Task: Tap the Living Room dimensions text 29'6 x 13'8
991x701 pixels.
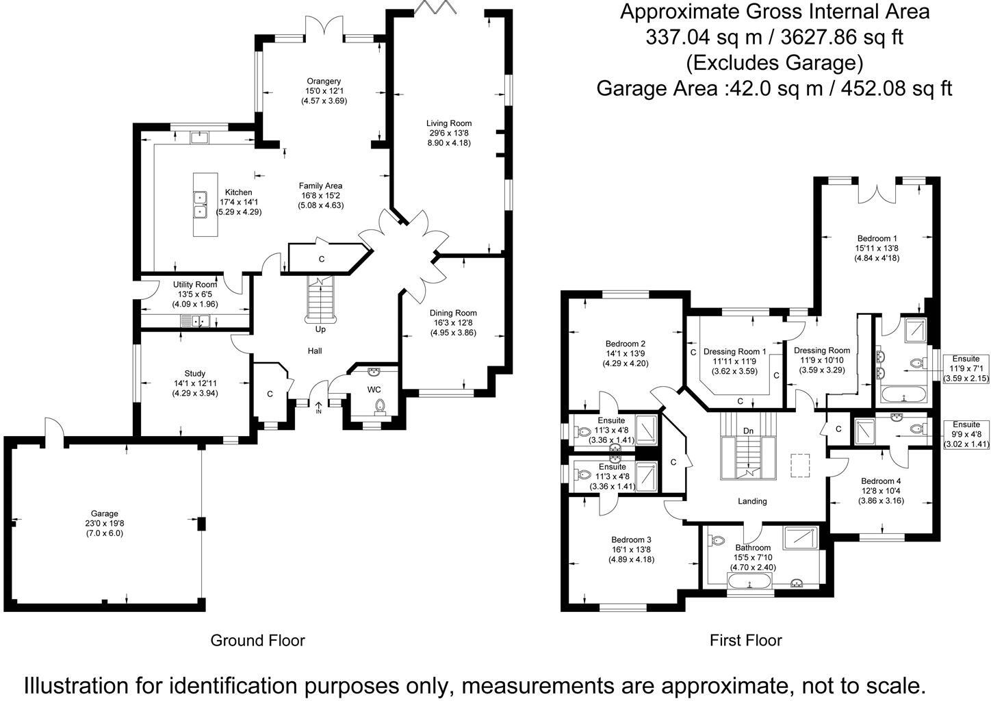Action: (x=449, y=133)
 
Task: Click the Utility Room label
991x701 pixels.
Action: (x=194, y=285)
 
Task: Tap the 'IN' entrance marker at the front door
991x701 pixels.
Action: (x=318, y=411)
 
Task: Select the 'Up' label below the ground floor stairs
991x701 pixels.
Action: (x=320, y=329)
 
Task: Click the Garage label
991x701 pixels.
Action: (x=105, y=513)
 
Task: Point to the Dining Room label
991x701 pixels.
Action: (x=453, y=313)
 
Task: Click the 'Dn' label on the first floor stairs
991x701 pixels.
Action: (x=748, y=431)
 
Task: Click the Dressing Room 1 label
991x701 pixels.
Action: (x=735, y=352)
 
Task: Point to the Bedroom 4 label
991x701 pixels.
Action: (x=882, y=481)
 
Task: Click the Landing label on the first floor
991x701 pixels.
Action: (x=751, y=501)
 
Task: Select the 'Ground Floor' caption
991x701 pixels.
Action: (x=257, y=641)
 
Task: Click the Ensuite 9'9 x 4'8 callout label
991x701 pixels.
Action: (x=966, y=424)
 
